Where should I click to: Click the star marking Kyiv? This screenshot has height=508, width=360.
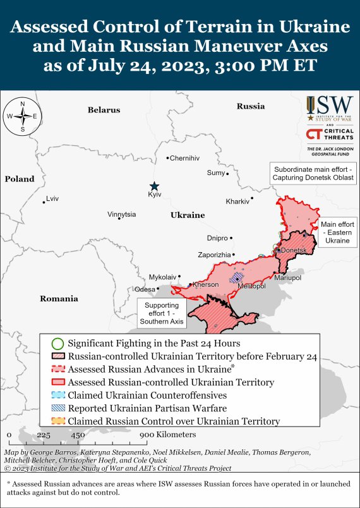click(x=154, y=186)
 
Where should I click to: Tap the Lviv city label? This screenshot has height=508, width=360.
click(x=52, y=198)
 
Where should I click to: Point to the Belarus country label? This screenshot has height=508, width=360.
click(x=104, y=110)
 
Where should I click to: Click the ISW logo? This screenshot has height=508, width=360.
click(x=328, y=109)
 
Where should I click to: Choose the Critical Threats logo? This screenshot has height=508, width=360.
click(x=328, y=135)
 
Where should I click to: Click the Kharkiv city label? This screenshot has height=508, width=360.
click(x=237, y=202)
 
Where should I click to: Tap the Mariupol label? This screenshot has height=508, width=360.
click(x=289, y=277)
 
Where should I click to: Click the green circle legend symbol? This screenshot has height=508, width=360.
click(x=57, y=344)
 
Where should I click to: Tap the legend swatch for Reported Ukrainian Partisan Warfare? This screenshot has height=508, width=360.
click(x=57, y=408)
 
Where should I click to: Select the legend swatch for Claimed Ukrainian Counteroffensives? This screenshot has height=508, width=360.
click(x=57, y=395)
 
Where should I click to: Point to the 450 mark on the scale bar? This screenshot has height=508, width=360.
click(x=78, y=435)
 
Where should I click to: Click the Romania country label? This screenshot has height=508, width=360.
click(x=59, y=298)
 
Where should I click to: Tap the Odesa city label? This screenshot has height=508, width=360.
click(x=145, y=289)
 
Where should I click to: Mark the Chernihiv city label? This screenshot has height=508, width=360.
click(x=186, y=157)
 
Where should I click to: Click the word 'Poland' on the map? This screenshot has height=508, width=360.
click(x=20, y=179)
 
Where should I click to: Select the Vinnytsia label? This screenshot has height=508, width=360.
click(x=121, y=214)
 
